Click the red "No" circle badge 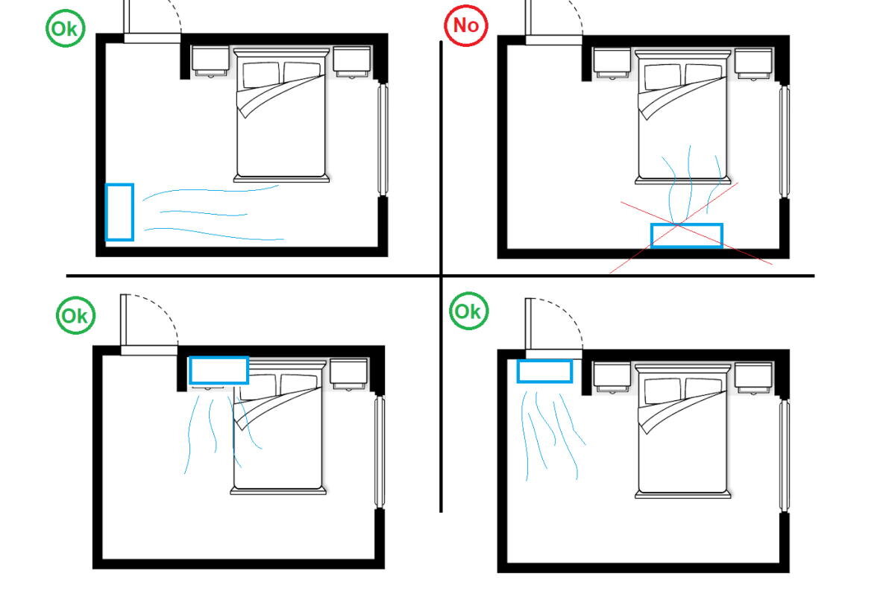click(465, 25)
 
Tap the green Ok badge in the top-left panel click(65, 29)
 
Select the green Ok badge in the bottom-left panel click(75, 315)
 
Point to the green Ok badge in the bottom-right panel click(468, 311)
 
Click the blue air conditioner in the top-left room click(119, 212)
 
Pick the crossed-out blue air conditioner click(686, 236)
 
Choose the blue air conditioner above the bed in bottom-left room click(219, 370)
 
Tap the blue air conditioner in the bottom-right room click(544, 371)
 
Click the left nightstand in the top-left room click(210, 62)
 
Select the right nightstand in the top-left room click(352, 62)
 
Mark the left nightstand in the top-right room click(612, 64)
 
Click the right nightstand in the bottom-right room click(753, 378)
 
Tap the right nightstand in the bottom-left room click(349, 374)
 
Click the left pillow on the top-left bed click(261, 75)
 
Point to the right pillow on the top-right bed click(703, 75)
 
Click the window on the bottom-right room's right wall click(785, 455)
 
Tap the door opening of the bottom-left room click(149, 350)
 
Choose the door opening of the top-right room click(553, 40)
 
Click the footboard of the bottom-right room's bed click(683, 495)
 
